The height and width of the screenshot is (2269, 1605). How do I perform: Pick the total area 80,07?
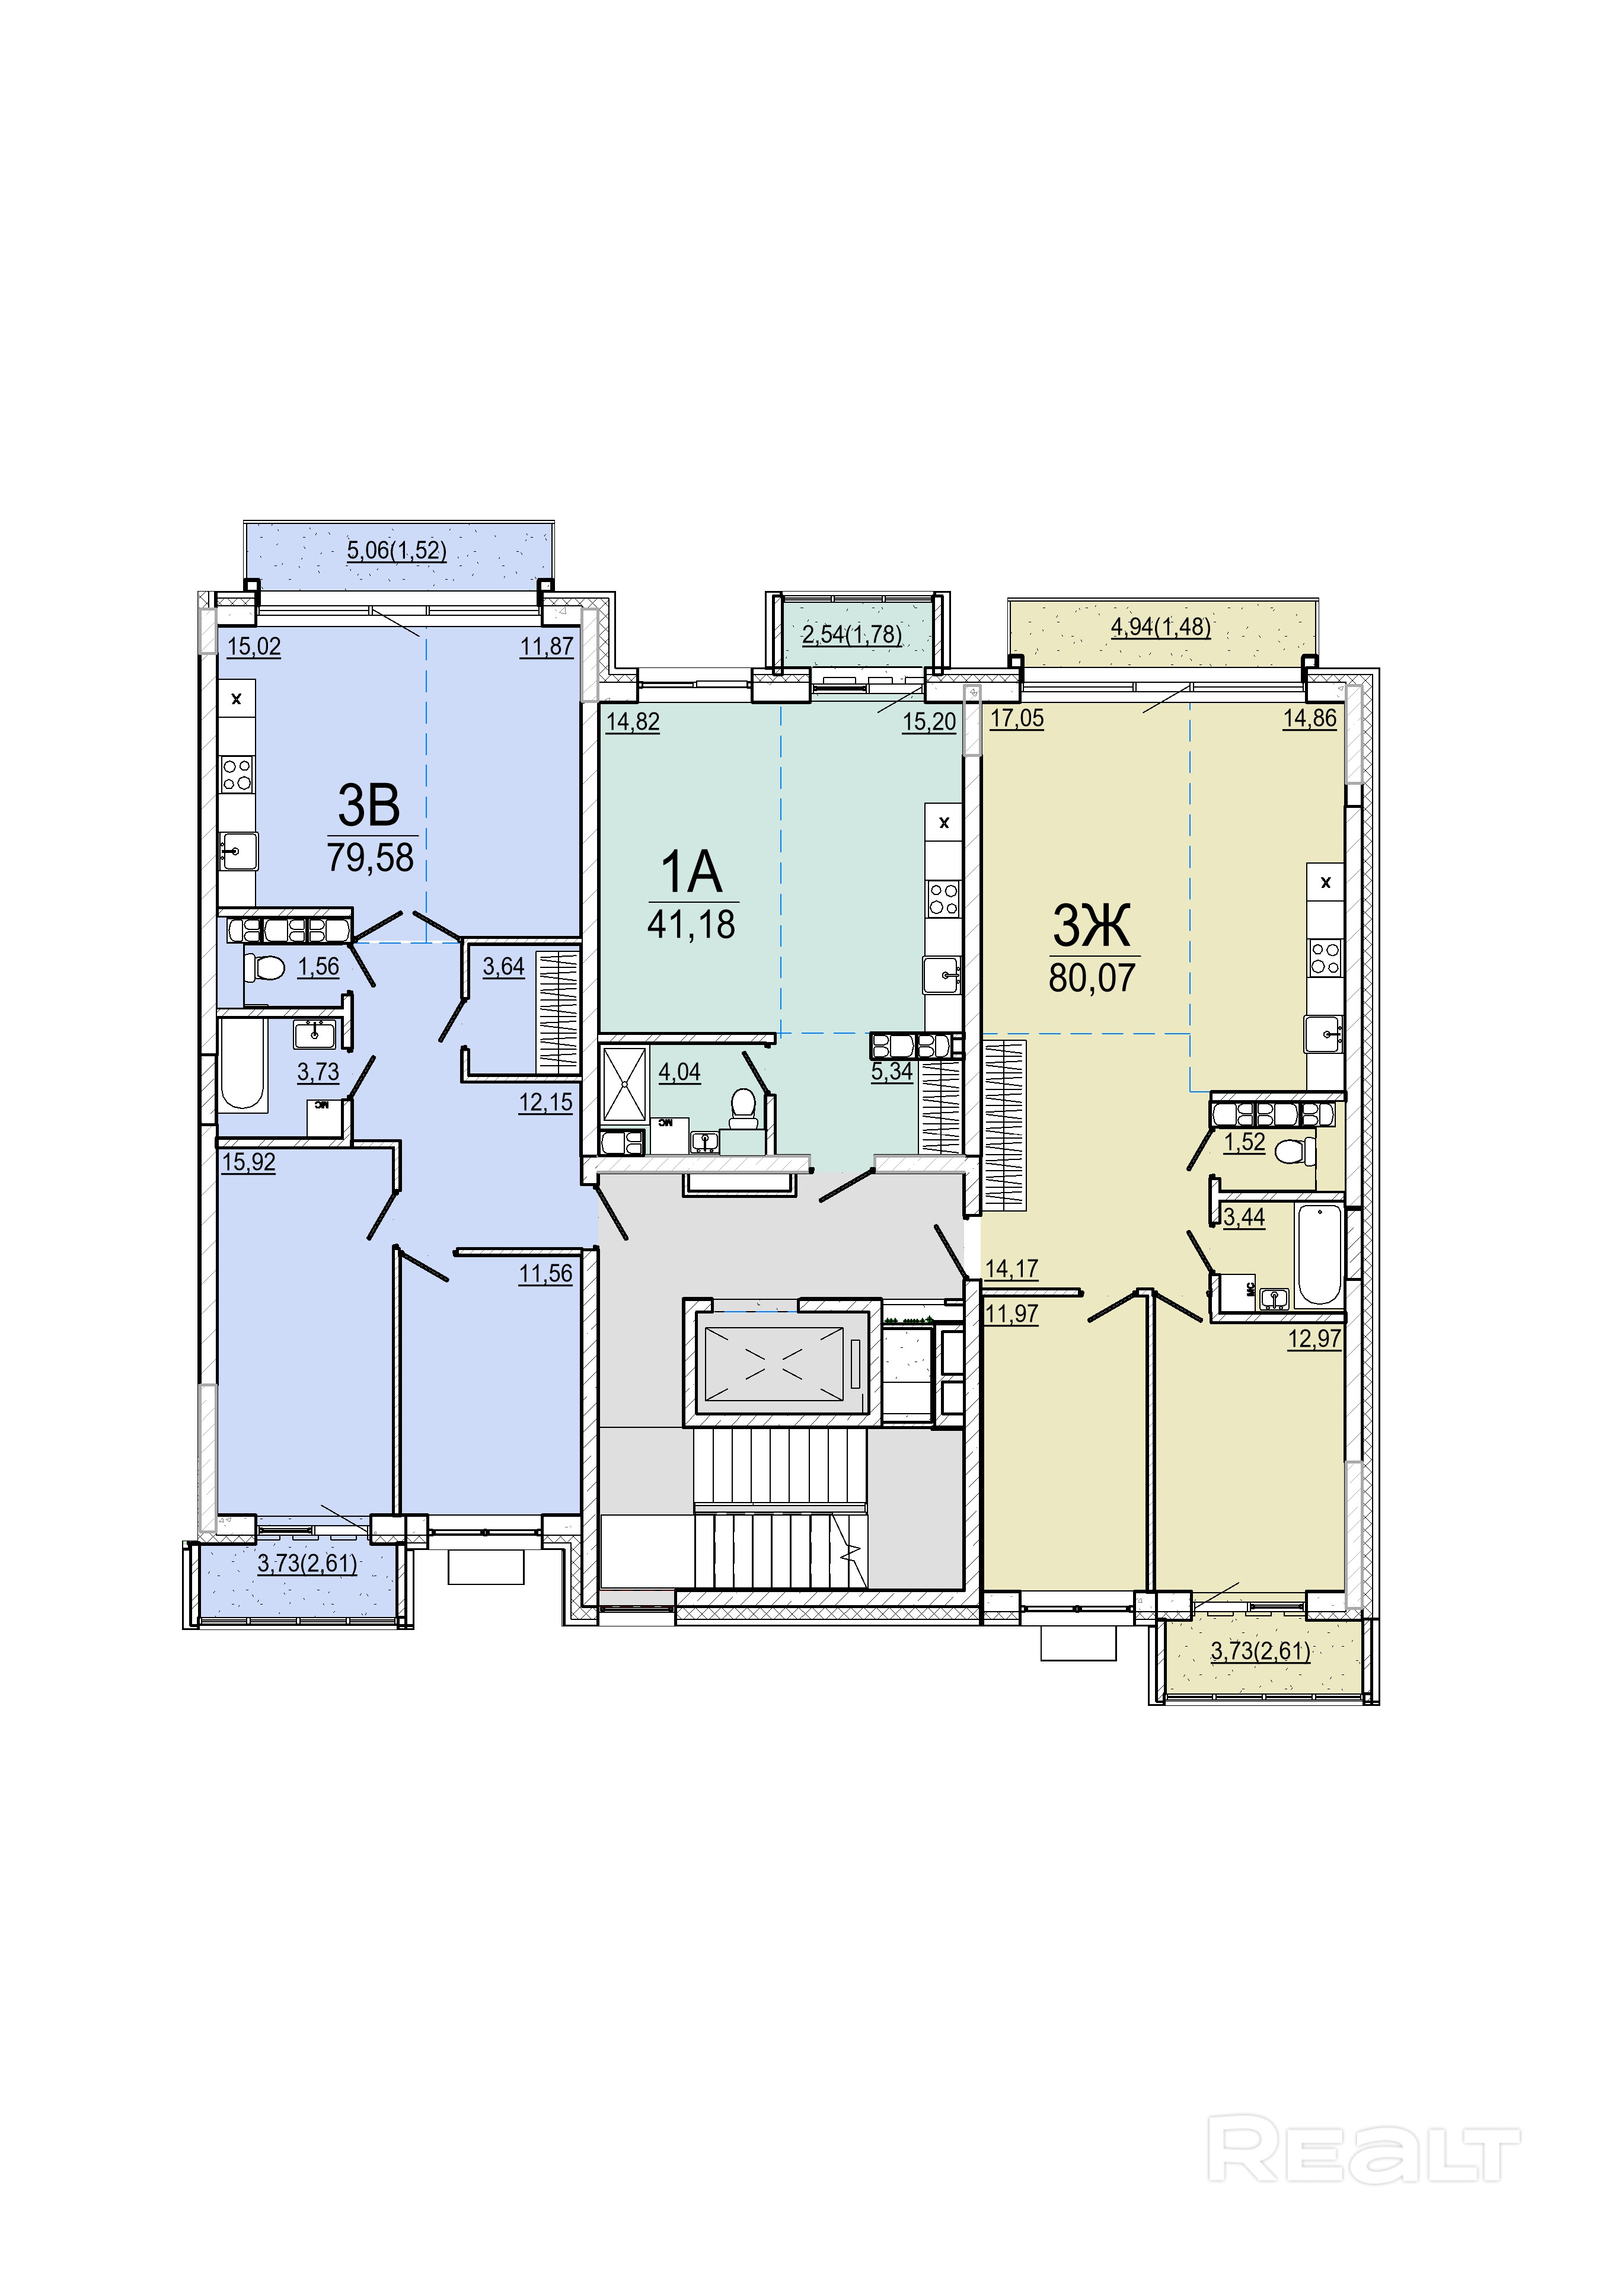point(1092,977)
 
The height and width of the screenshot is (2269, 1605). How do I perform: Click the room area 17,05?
point(1017,718)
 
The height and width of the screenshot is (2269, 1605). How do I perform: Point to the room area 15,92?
point(249,1162)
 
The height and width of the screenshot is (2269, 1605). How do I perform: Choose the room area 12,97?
point(1314,1339)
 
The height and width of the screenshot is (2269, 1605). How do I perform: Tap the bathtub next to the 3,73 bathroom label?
point(242,1065)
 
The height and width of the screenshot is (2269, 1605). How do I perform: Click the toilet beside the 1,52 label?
point(1296,1151)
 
